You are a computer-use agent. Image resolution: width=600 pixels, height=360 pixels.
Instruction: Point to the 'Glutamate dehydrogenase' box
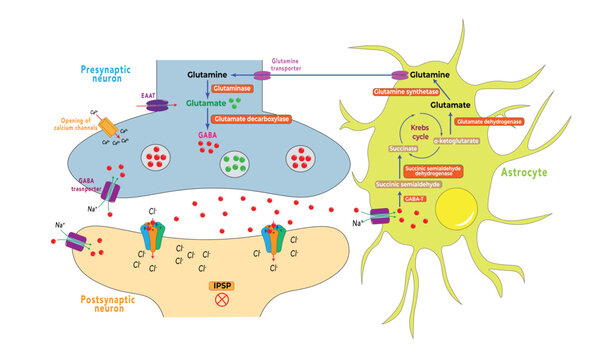click(x=488, y=121)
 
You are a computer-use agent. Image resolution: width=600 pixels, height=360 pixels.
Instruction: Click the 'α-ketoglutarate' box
click(x=449, y=142)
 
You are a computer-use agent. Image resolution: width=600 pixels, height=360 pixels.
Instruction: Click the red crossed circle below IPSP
click(x=222, y=305)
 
